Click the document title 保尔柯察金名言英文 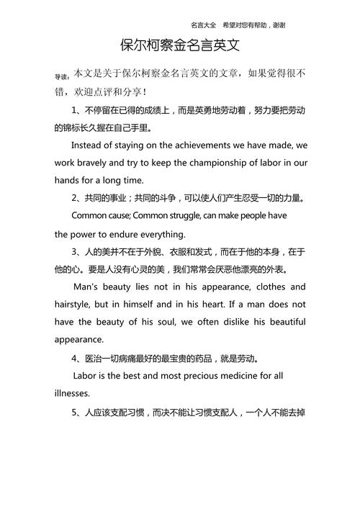(180, 47)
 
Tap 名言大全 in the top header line (205, 24)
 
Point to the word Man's (89, 287)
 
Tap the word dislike (237, 321)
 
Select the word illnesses (72, 393)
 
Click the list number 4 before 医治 (75, 358)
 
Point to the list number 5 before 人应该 (75, 415)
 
